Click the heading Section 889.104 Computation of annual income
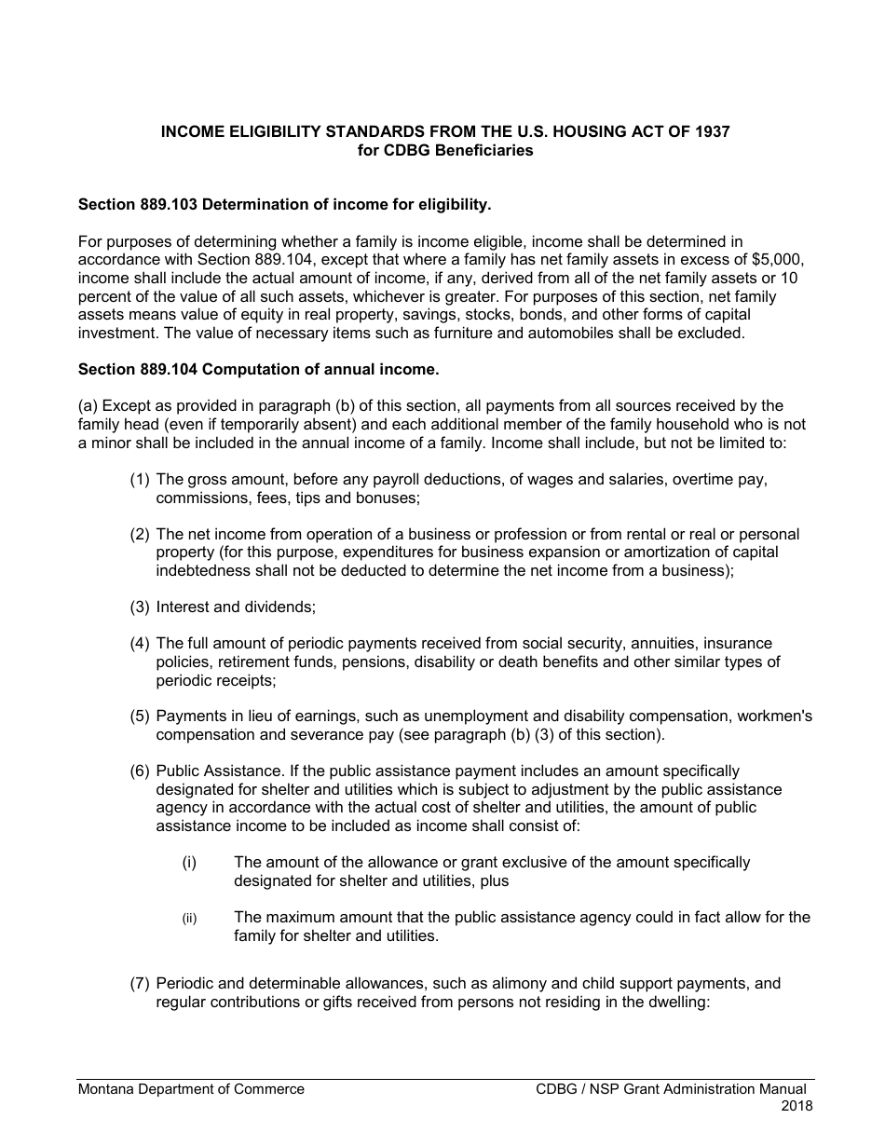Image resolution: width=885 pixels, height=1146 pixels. [x=258, y=369]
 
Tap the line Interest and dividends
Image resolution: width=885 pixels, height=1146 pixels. [x=236, y=607]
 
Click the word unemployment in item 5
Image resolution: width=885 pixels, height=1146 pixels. [x=467, y=716]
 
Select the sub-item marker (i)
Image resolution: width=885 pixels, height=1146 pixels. [x=189, y=863]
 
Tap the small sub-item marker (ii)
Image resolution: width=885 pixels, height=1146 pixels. [x=189, y=919]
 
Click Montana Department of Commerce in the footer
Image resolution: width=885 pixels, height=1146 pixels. [x=191, y=1089]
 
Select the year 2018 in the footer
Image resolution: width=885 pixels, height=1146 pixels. [x=796, y=1107]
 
